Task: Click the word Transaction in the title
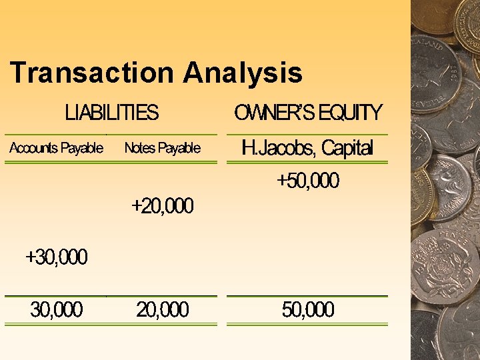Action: pos(94,73)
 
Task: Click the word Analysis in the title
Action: pos(243,73)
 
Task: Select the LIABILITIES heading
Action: pos(112,113)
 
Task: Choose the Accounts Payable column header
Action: pos(56,148)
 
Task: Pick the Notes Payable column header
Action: pos(162,148)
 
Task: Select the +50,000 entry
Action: pos(308,181)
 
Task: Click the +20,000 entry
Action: pos(163,207)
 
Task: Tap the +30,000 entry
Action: pos(57,257)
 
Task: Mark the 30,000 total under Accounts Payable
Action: pos(57,310)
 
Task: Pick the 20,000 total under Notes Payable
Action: pos(163,310)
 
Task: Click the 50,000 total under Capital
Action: pos(308,310)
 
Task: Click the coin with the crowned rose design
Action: pos(443,267)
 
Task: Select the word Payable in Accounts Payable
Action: pos(81,148)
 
